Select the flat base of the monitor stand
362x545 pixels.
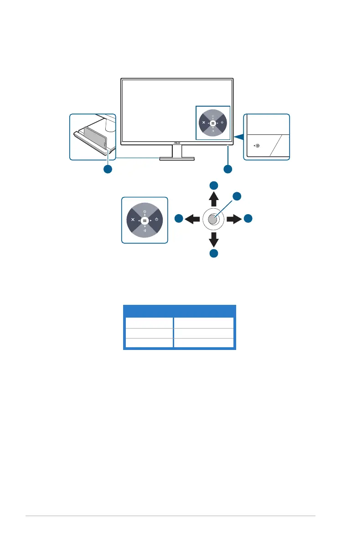(x=177, y=159)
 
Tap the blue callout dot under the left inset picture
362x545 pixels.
(x=108, y=170)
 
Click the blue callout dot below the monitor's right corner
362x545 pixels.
(x=228, y=170)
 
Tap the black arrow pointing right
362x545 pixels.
(x=235, y=219)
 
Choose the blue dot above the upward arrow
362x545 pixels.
(x=214, y=185)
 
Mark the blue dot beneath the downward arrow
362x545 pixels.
(x=214, y=254)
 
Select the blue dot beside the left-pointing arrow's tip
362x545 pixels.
(x=179, y=219)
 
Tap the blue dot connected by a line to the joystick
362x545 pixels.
(x=237, y=196)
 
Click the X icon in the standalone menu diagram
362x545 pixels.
(x=133, y=220)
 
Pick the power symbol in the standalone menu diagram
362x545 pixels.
(x=156, y=220)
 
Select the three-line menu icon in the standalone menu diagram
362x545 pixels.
(x=145, y=220)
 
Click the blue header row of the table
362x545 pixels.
(x=180, y=311)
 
